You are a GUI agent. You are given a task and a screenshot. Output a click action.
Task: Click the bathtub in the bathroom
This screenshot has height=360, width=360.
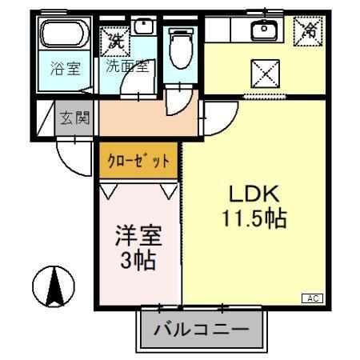[65, 36]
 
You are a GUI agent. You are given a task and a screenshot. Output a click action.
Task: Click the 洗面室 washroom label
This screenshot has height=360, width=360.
[130, 66]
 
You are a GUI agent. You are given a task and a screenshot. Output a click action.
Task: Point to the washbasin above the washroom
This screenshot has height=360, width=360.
[143, 26]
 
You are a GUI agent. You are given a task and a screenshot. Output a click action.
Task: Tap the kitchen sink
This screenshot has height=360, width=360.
[263, 30]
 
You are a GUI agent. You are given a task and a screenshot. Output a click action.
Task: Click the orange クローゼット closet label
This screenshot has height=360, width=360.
[138, 160]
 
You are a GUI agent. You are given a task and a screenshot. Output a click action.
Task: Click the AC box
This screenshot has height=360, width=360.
[313, 298]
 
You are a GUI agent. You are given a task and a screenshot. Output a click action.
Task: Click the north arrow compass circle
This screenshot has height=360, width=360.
[54, 285]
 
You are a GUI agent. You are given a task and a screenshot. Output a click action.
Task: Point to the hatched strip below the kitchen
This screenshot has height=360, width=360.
[264, 97]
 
